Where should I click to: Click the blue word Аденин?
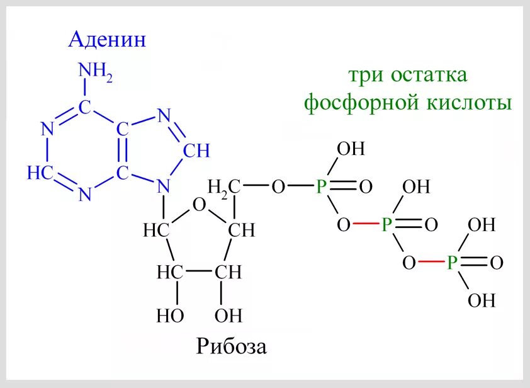(107, 40)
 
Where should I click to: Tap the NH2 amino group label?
(95, 71)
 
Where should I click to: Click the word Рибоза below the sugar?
(231, 346)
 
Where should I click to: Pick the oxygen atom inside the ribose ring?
(200, 205)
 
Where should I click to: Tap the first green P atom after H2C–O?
(322, 187)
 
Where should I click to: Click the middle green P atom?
(387, 225)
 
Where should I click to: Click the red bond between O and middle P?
(366, 225)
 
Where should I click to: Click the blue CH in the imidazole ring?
(196, 152)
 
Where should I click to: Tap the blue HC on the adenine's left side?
(40, 173)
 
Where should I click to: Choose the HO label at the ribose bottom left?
(170, 315)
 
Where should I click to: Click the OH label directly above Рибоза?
(228, 315)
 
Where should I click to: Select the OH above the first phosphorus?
(351, 149)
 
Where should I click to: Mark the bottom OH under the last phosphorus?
(482, 301)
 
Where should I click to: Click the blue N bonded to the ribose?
(164, 186)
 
